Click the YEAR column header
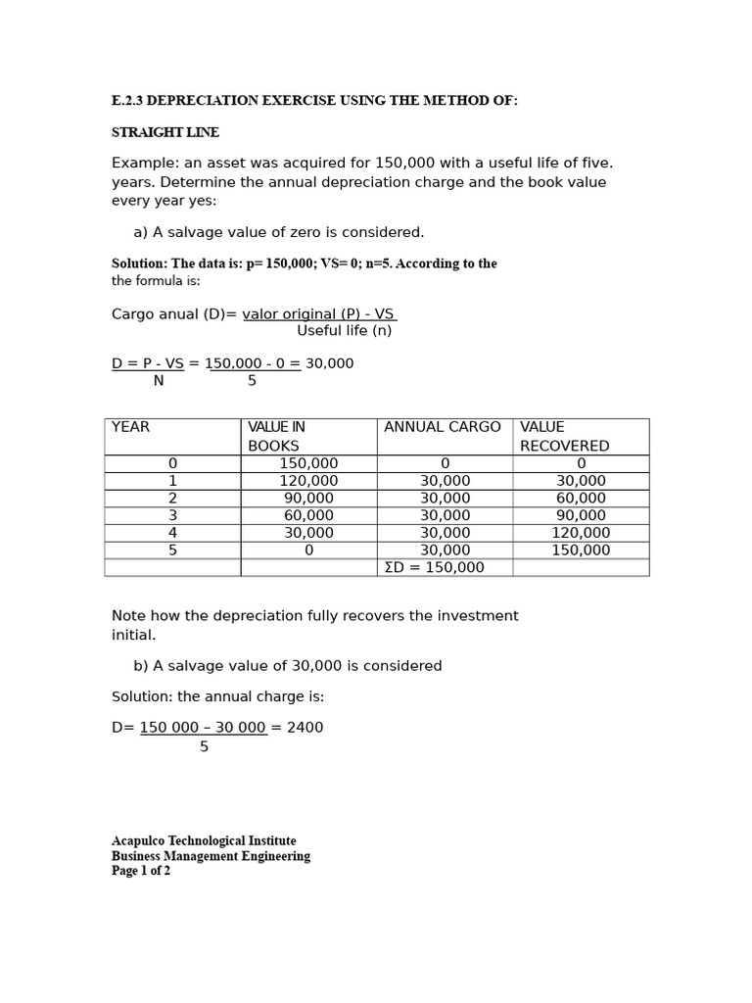pos(131,427)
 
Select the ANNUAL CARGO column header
pos(443,427)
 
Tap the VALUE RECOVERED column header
pos(565,436)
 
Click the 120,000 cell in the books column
pos(308,481)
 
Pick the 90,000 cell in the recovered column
pos(581,515)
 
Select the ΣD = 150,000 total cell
pos(435,568)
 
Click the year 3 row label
pos(173,515)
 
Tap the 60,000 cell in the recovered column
pos(581,499)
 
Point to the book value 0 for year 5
pos(308,550)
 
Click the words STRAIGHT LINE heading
pos(165,132)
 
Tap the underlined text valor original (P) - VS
pos(318,314)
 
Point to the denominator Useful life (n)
pos(344,331)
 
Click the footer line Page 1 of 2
pos(141,871)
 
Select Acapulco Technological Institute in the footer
pos(204,841)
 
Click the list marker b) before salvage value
pos(141,666)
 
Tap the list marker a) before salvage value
pos(141,232)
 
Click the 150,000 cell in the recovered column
pos(581,550)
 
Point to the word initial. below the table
pos(133,635)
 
